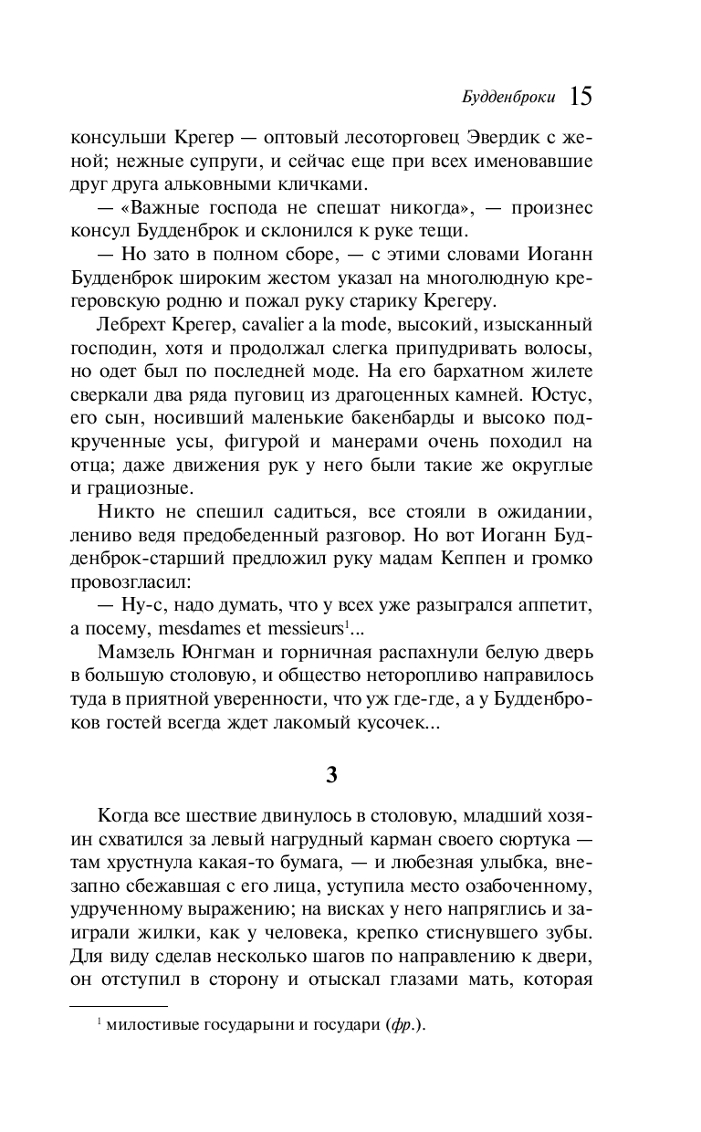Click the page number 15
[x=581, y=96]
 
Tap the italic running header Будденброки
[x=511, y=98]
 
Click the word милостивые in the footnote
[x=149, y=1025]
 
